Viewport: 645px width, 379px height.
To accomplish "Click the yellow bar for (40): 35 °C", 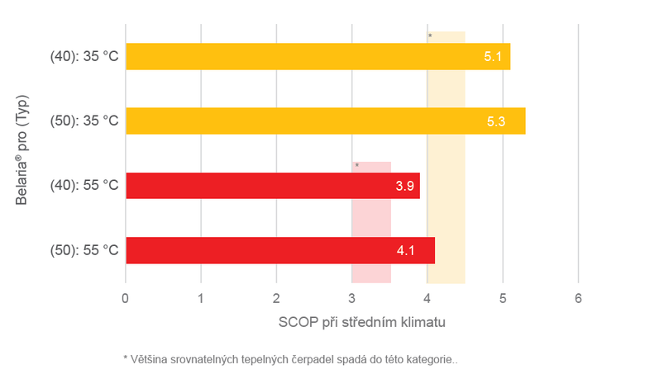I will (x=314, y=56).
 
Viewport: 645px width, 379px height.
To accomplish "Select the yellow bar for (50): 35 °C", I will (x=322, y=121).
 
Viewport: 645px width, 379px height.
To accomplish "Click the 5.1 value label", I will (x=494, y=57).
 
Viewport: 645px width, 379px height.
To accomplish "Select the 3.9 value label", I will (x=405, y=186).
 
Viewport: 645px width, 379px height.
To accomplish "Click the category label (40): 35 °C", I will (x=84, y=57).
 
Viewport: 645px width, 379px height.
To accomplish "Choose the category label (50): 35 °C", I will (x=84, y=121).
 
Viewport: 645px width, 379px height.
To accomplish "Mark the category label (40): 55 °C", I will (x=84, y=186).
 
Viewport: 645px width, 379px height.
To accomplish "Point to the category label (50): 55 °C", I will (x=84, y=250).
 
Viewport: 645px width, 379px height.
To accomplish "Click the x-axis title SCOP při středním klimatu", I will (x=362, y=321).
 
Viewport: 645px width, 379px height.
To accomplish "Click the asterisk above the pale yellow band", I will (x=430, y=36).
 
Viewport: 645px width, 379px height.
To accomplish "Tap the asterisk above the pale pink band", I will (x=357, y=166).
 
